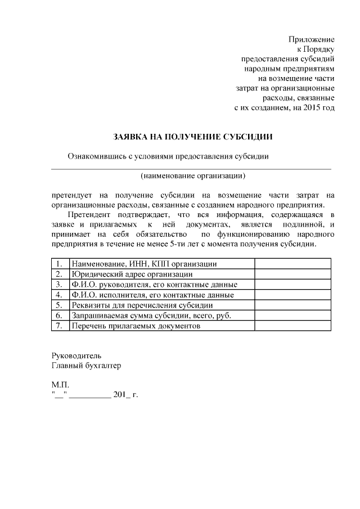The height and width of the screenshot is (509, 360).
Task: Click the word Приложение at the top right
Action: [311, 39]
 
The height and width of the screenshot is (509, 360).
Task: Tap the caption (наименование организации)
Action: [192, 175]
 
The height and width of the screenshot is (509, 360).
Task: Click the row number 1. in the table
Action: [59, 264]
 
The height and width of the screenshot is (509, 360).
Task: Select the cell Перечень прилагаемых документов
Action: [136, 326]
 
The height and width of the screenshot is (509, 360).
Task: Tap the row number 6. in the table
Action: [59, 316]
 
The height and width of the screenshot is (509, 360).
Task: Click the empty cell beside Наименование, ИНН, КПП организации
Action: [292, 264]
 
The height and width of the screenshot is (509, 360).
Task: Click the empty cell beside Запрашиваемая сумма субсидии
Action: [292, 316]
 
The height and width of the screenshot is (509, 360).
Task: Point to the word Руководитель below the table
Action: [76, 355]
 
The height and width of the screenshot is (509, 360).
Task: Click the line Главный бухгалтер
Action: [85, 366]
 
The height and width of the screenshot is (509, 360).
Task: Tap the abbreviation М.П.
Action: [60, 385]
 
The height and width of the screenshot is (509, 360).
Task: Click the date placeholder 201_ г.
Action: [125, 395]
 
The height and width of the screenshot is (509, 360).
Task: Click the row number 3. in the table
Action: [59, 285]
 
